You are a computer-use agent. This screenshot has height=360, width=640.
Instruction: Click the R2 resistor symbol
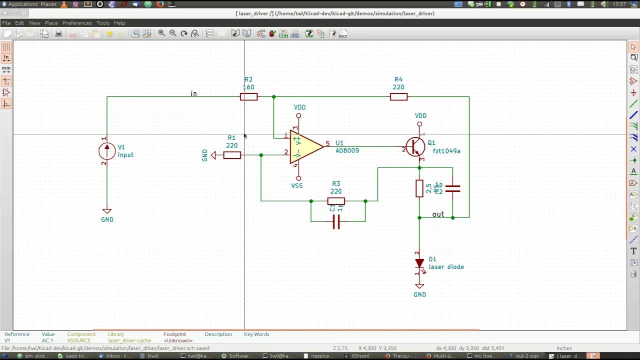click(248, 96)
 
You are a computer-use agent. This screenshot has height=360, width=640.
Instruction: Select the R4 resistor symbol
click(398, 96)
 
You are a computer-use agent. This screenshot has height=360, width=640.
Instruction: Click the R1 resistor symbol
click(232, 155)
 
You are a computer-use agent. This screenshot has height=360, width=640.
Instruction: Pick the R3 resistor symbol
click(336, 201)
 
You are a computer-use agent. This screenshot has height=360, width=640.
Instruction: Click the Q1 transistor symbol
click(415, 146)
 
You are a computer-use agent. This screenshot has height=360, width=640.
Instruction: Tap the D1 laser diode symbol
click(419, 263)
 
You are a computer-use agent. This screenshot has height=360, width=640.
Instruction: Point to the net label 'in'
click(193, 93)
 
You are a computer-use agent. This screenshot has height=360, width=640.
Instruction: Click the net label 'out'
click(438, 214)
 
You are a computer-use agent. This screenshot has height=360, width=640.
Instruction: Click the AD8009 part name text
click(347, 150)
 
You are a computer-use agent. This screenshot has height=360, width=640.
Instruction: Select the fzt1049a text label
click(446, 151)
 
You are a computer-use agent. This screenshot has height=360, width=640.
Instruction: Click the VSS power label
click(297, 185)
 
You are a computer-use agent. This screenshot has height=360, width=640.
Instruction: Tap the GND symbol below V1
click(106, 211)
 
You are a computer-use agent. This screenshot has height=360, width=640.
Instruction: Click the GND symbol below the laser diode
click(419, 287)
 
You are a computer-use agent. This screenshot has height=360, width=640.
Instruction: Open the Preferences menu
click(77, 23)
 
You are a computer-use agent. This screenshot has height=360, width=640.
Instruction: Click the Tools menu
click(103, 23)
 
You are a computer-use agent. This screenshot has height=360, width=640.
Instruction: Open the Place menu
click(51, 23)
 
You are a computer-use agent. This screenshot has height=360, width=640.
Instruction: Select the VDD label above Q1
click(420, 115)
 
